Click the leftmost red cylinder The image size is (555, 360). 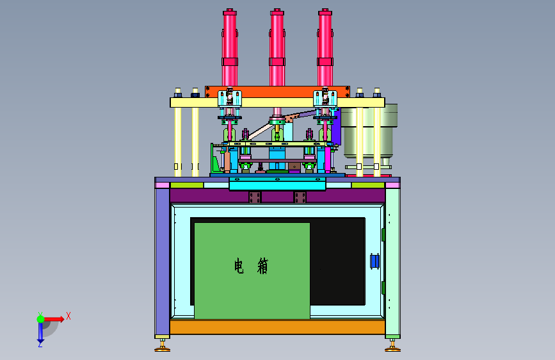230,48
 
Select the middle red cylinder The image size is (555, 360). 277,48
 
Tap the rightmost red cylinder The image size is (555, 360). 325,48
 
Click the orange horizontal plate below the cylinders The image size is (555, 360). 277,92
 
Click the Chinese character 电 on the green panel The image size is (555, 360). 239,266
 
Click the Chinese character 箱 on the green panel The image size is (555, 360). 262,266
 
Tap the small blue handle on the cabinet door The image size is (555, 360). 374,261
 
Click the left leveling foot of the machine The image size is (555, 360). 162,346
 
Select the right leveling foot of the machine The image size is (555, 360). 392,346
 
